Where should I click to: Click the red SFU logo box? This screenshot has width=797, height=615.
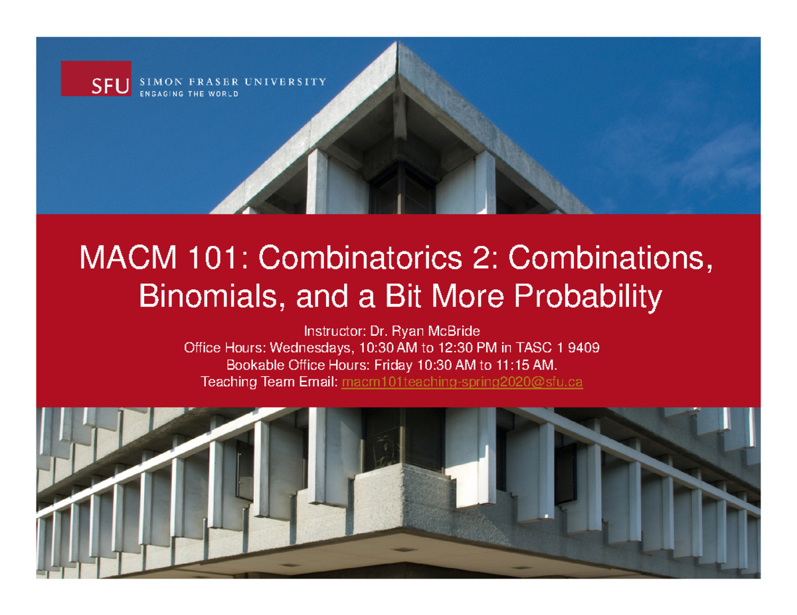pyautogui.click(x=96, y=79)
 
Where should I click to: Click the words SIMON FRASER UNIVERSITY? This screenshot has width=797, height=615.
pyautogui.click(x=232, y=82)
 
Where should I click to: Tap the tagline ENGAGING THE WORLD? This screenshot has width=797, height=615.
pyautogui.click(x=189, y=94)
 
